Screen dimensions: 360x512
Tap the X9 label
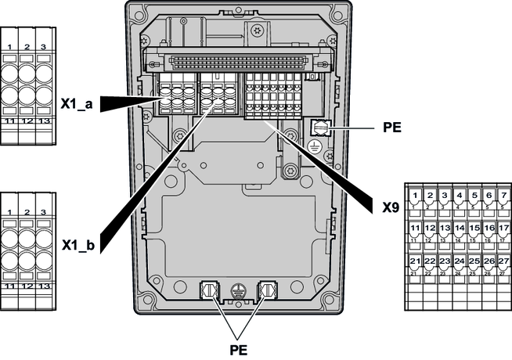point(391,209)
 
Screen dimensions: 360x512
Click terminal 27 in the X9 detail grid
point(503,261)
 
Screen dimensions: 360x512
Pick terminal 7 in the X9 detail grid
point(503,194)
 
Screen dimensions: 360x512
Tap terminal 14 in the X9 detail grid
point(459,228)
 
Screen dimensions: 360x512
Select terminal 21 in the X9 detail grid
point(414,261)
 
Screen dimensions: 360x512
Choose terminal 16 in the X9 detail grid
point(489,228)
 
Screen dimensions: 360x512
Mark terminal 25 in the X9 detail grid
point(474,261)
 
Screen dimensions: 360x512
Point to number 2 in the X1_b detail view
point(27,212)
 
